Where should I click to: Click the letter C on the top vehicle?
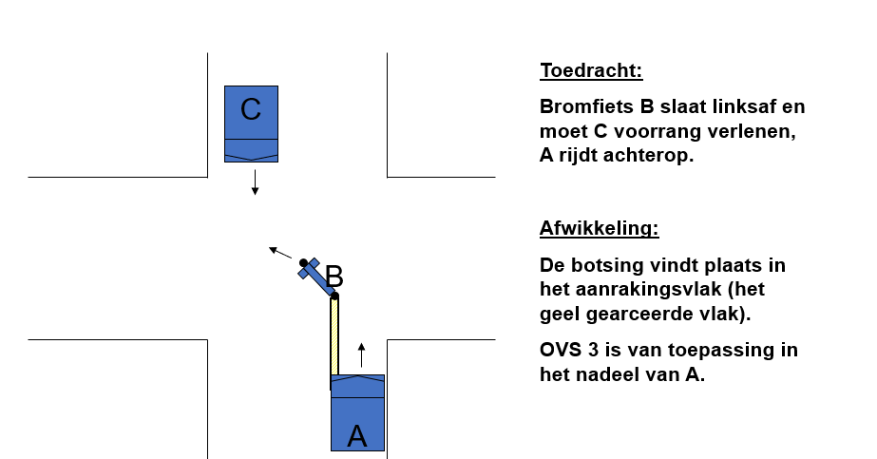point(251,109)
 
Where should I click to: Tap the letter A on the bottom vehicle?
point(357,436)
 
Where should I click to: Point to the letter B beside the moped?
point(334,277)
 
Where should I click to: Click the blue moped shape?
point(315,277)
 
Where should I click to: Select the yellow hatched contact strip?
point(334,335)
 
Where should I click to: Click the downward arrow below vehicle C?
point(255,182)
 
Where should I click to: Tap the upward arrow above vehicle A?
point(361,355)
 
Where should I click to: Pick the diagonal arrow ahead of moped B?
point(280,253)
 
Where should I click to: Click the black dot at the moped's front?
point(303,263)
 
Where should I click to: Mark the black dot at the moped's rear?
point(334,296)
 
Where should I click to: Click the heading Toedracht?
point(591,70)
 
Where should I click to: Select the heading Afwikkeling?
point(599,228)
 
